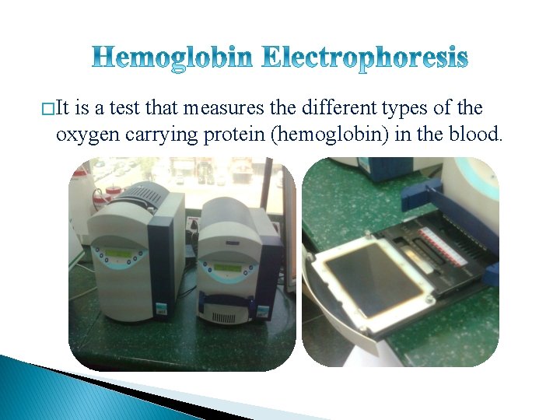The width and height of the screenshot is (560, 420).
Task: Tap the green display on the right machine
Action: point(227,268)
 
